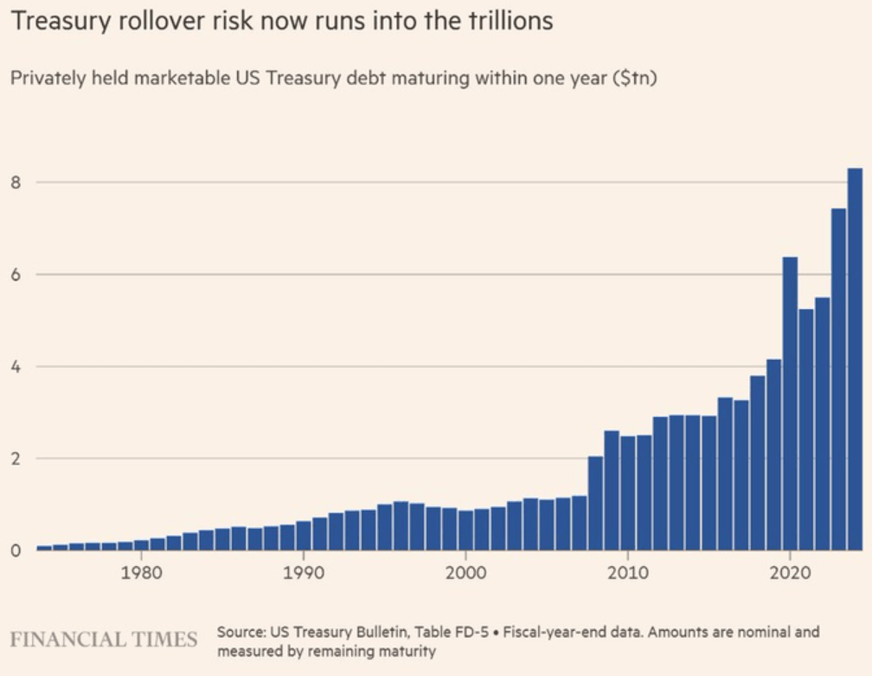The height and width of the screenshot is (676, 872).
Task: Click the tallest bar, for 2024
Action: click(x=855, y=359)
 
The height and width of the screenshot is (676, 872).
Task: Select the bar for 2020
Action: click(x=790, y=403)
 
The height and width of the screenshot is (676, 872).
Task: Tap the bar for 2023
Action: click(x=838, y=379)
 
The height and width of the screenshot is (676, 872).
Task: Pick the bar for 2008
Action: click(x=595, y=503)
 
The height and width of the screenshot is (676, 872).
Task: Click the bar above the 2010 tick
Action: click(x=628, y=493)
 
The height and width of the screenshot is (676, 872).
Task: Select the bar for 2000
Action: click(x=465, y=531)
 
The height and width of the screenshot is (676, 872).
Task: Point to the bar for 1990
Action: click(x=304, y=535)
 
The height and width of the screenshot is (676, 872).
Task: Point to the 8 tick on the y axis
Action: click(x=16, y=183)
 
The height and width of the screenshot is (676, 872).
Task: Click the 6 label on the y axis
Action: click(x=16, y=275)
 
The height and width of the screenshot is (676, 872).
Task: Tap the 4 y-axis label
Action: click(x=16, y=367)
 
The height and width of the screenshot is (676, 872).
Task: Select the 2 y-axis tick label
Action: click(x=16, y=459)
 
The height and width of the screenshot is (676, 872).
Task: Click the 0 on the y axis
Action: click(x=16, y=550)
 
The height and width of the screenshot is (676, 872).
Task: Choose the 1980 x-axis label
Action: click(x=141, y=572)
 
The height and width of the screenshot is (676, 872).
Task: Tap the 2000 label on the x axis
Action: click(x=465, y=572)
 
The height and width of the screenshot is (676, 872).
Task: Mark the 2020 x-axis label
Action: click(x=790, y=572)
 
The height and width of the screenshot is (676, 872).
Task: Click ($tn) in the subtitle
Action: click(x=635, y=78)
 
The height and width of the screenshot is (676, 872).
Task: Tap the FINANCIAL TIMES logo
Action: click(x=104, y=640)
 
